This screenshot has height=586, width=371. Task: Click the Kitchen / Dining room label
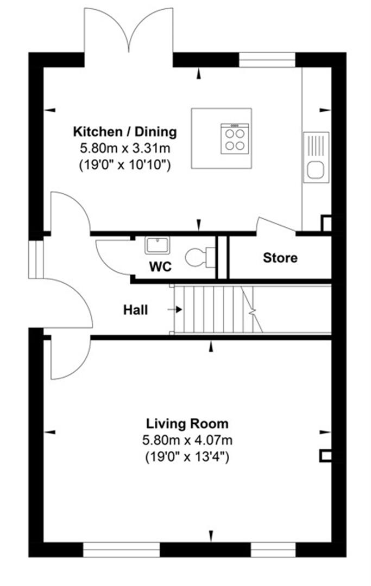click(x=125, y=131)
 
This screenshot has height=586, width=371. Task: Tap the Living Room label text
click(x=187, y=423)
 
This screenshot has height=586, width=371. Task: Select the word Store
click(x=280, y=258)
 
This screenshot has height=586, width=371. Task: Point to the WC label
click(x=160, y=267)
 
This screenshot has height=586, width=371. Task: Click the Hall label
click(x=135, y=310)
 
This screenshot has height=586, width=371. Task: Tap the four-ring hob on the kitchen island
click(x=235, y=138)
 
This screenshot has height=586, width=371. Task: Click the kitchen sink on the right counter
click(x=316, y=158)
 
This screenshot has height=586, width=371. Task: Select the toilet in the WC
click(x=199, y=257)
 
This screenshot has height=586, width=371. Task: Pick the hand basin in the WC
click(x=158, y=245)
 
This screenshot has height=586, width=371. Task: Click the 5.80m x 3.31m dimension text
click(x=125, y=148)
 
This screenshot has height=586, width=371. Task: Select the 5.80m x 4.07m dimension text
click(x=187, y=440)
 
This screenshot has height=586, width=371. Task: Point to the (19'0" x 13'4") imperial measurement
click(x=187, y=457)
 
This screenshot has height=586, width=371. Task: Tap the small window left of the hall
click(x=35, y=259)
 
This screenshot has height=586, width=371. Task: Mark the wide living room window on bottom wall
click(x=122, y=550)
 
